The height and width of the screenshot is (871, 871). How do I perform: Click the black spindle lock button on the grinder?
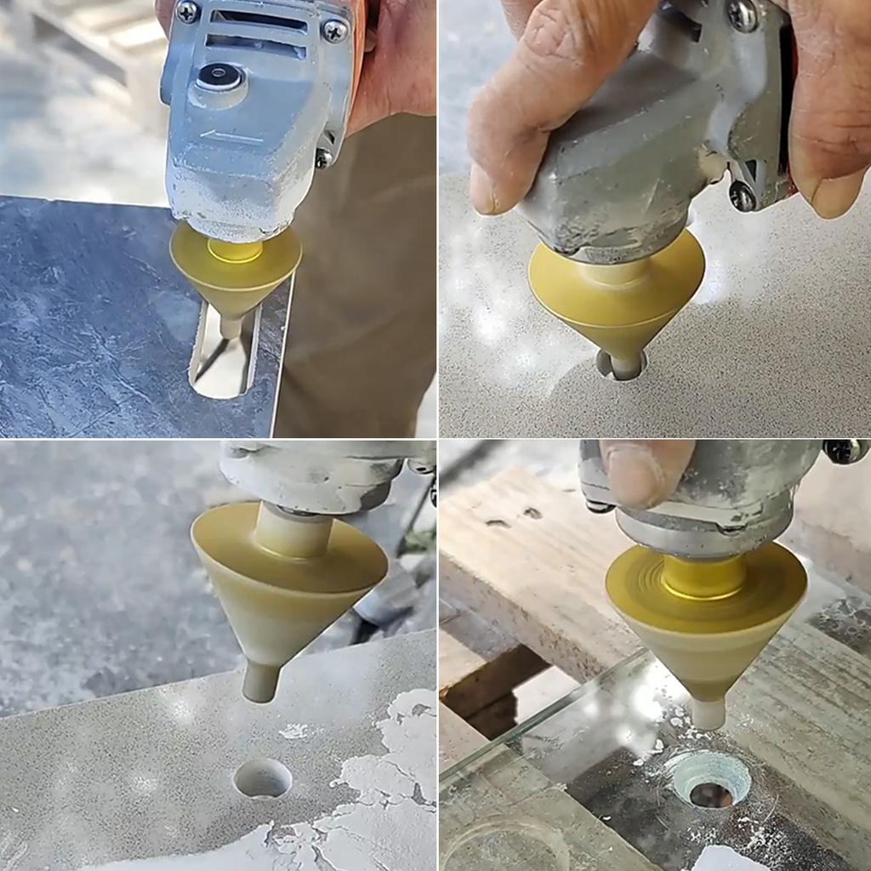pos(219,77)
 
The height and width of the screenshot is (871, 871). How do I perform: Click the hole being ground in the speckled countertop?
pos(621,366)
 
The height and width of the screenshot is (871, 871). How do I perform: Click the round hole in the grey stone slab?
pos(262,777)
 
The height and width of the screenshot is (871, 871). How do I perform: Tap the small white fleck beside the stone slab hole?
pos(294,730)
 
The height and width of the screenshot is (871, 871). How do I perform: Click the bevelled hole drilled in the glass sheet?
pos(709,778)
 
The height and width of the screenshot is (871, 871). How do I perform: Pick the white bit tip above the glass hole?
pos(708,713)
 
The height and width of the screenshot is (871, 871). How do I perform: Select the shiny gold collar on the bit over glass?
pos(703,577)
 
